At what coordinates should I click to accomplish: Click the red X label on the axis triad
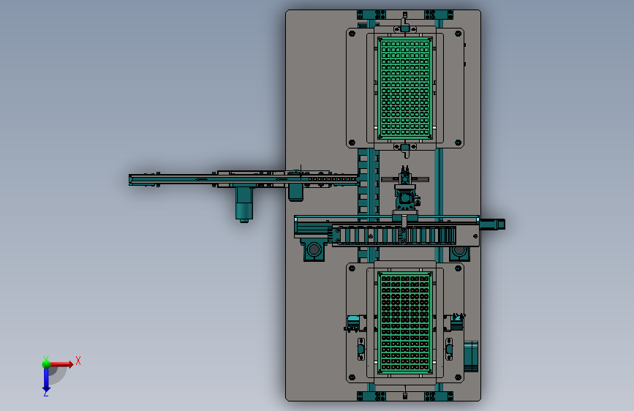click(78, 361)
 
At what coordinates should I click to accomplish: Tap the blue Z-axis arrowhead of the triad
click(46, 391)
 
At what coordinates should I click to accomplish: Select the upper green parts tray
click(405, 88)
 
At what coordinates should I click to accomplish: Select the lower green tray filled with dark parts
click(405, 323)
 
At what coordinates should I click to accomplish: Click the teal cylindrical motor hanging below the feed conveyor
click(244, 204)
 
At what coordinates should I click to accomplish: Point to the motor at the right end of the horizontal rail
click(492, 224)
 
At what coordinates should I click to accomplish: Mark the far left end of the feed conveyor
click(129, 180)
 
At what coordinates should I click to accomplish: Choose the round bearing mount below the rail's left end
click(314, 249)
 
